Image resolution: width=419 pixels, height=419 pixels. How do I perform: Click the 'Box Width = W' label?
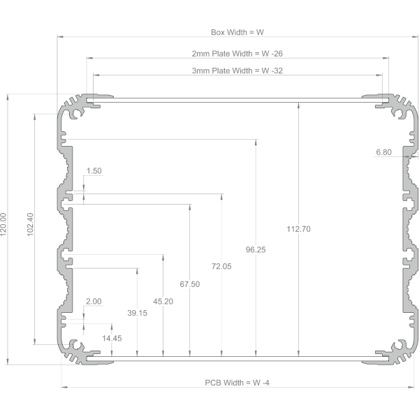tap(237, 32)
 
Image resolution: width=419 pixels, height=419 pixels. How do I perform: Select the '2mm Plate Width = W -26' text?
tap(237, 54)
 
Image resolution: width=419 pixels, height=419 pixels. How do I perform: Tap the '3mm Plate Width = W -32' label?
tap(237, 71)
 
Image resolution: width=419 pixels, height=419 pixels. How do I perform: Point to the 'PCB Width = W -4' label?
tap(237, 383)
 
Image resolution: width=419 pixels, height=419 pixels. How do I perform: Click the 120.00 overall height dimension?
tap(3, 224)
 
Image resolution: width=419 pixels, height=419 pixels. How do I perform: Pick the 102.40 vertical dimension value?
tap(30, 224)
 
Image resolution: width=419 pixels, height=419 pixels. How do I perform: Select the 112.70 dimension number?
tap(298, 229)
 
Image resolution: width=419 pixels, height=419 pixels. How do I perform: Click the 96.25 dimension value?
tap(256, 249)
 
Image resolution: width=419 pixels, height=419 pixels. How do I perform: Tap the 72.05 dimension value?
tap(221, 266)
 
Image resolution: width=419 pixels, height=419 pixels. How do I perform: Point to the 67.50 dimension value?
tap(190, 284)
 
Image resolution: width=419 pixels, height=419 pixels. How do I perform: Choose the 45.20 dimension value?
tap(163, 302)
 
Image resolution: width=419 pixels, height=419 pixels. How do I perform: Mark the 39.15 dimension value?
tap(137, 313)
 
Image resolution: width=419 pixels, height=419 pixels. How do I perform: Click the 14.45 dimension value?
tap(112, 338)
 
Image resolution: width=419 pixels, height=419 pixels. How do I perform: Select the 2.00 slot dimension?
tap(94, 302)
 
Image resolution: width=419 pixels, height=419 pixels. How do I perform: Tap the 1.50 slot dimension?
tap(94, 171)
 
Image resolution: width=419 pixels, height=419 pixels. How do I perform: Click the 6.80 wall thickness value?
tap(383, 152)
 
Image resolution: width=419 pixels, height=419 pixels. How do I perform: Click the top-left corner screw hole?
tap(75, 114)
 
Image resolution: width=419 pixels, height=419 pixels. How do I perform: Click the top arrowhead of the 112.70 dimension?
tap(298, 105)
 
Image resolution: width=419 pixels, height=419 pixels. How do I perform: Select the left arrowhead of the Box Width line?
tap(60, 36)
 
